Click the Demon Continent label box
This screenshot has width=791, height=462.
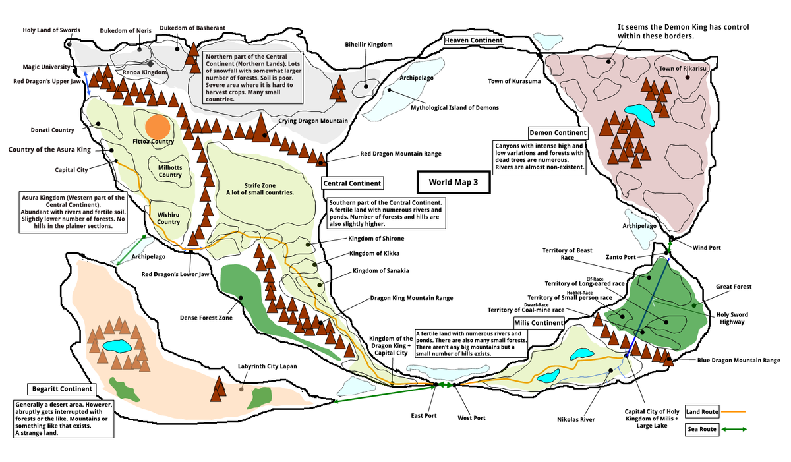(558, 133)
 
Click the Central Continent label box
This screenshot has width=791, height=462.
(351, 183)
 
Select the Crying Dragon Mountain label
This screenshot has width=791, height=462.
(312, 121)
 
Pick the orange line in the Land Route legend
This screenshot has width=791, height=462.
(733, 411)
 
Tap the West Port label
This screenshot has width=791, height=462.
(471, 418)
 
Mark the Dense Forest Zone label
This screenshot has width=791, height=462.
(206, 318)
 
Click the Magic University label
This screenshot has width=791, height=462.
(46, 67)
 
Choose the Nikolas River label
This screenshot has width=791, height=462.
(576, 419)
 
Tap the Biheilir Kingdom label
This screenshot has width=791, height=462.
(368, 44)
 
